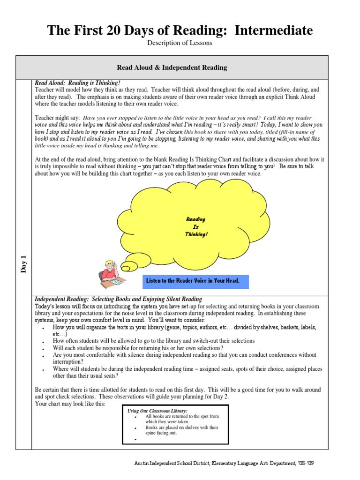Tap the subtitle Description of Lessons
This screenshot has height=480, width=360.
tap(180, 43)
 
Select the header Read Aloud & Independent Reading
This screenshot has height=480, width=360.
tap(180, 67)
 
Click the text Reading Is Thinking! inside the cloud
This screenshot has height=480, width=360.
tap(195, 227)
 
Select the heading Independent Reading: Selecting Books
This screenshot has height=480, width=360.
tap(119, 299)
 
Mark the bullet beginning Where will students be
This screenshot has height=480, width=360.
tap(187, 369)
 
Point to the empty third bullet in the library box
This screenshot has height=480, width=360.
tap(135, 440)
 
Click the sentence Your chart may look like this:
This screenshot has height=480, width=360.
tap(70, 404)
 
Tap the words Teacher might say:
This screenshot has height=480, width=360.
tap(57, 118)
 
